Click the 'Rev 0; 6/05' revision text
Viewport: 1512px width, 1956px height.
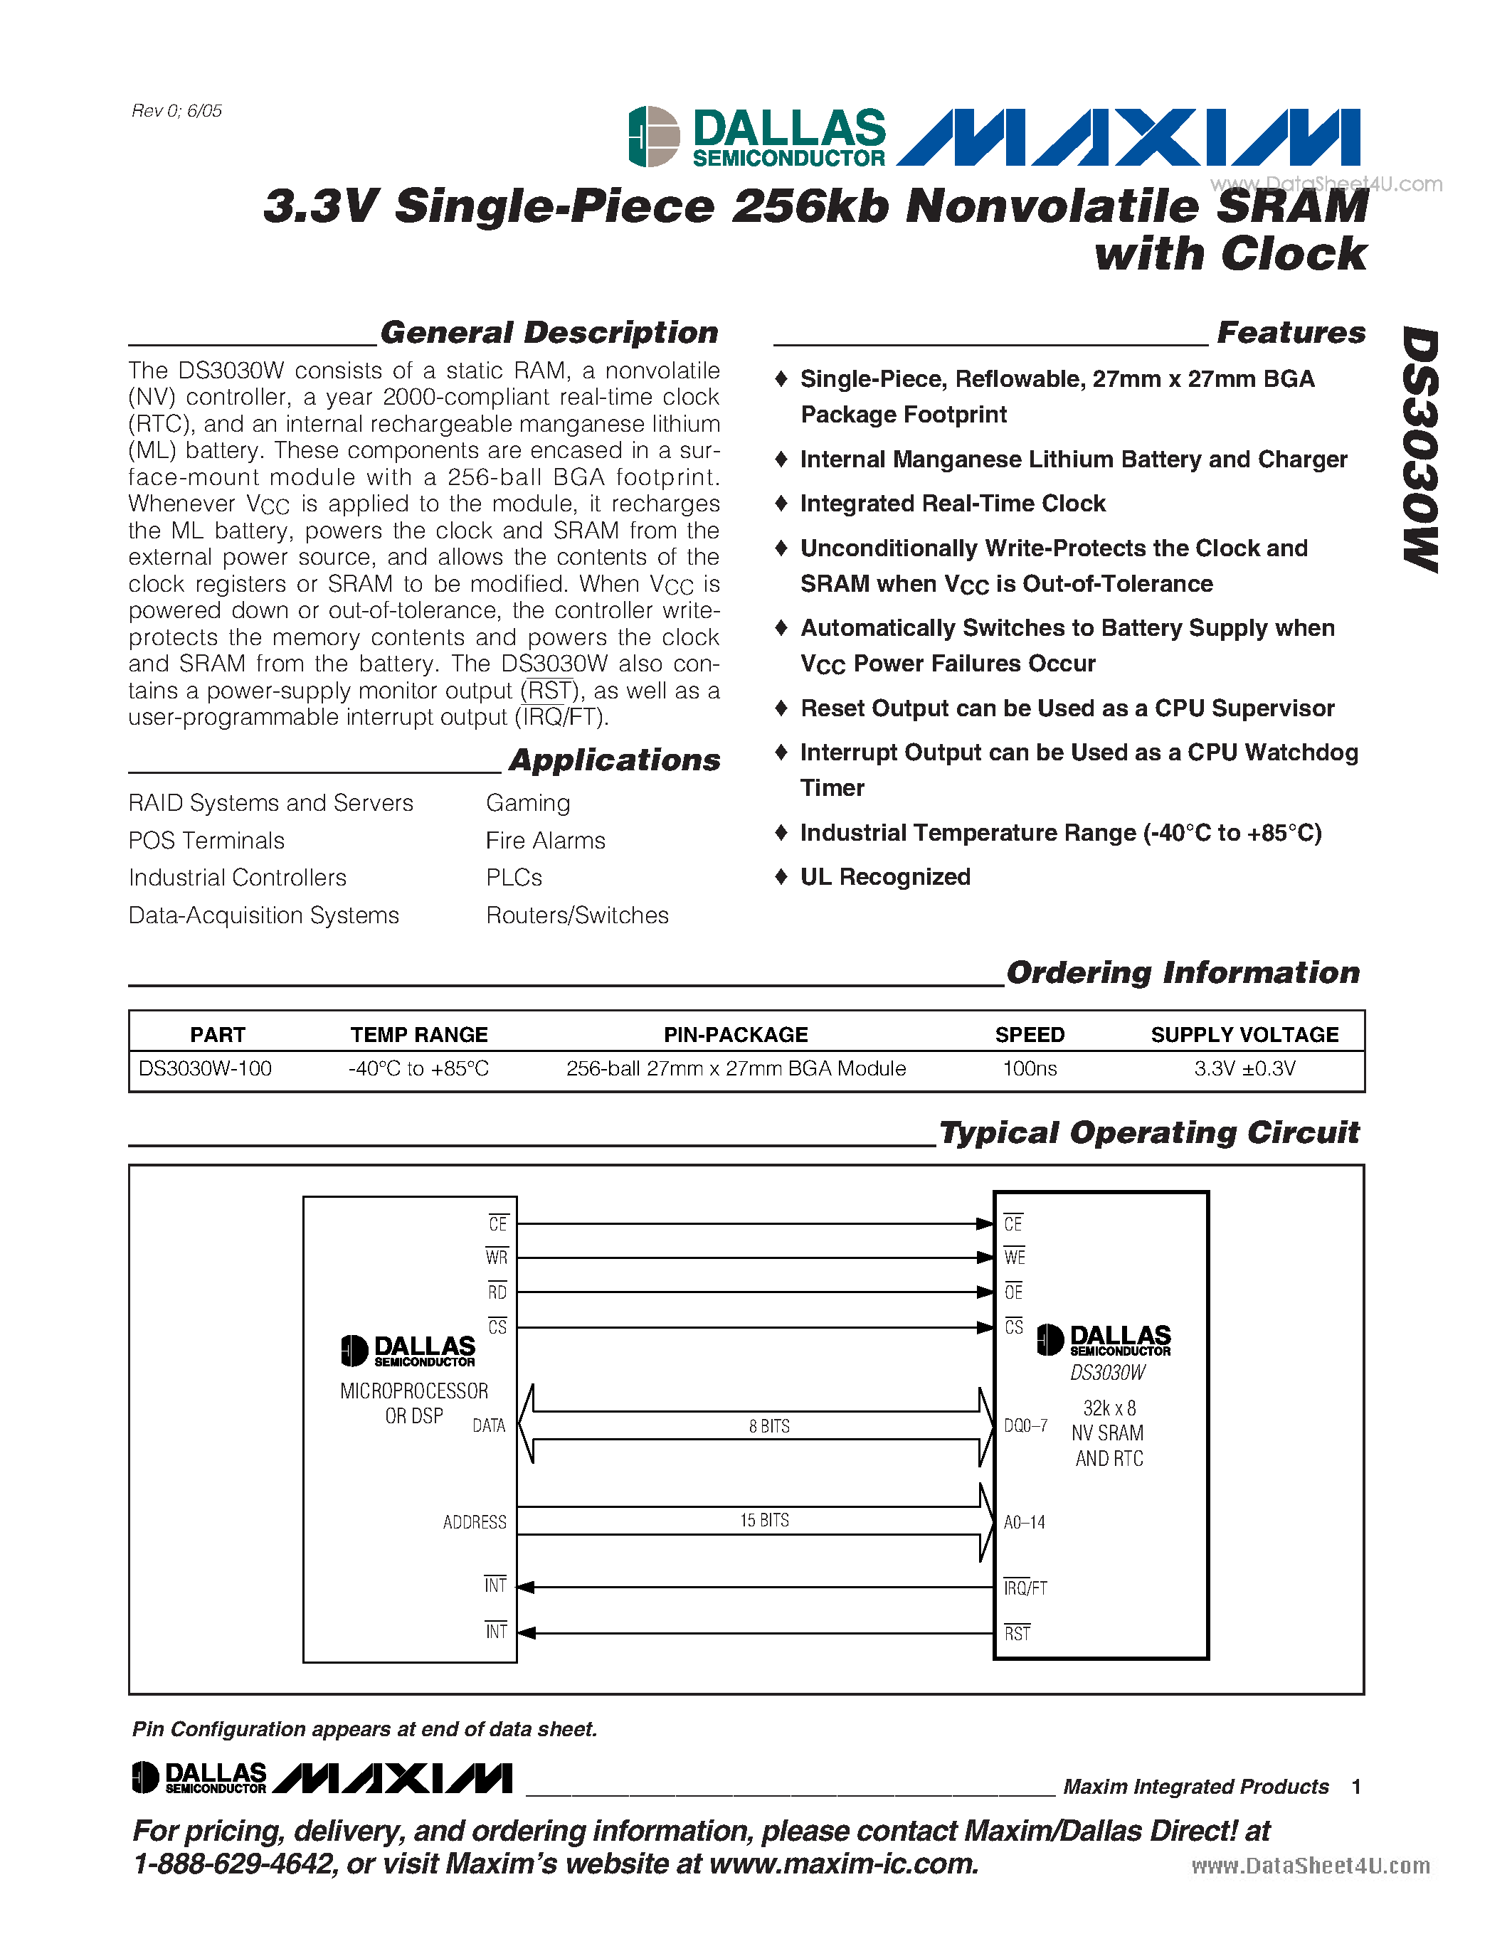pyautogui.click(x=176, y=111)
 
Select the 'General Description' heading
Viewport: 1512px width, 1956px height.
pyautogui.click(x=549, y=332)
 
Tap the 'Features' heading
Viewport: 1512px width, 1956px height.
pyautogui.click(x=1291, y=332)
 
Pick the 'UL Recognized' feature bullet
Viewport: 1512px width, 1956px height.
pyautogui.click(x=885, y=877)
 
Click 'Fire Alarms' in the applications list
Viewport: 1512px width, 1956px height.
pyautogui.click(x=546, y=840)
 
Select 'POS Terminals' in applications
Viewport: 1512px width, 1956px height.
pyautogui.click(x=206, y=840)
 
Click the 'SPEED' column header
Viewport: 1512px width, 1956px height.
pyautogui.click(x=1029, y=1034)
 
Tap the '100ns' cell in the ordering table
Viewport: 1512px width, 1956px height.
pyautogui.click(x=1029, y=1068)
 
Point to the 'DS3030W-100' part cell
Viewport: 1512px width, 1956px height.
pyautogui.click(x=205, y=1068)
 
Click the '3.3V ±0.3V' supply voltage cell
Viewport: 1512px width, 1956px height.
pyautogui.click(x=1244, y=1068)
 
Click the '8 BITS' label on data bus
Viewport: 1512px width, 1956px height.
pyautogui.click(x=769, y=1426)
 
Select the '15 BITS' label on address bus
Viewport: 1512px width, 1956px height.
pyautogui.click(x=764, y=1520)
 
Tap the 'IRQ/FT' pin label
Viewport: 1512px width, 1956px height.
pyautogui.click(x=1025, y=1588)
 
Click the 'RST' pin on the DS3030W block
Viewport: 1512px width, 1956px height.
pyautogui.click(x=1017, y=1634)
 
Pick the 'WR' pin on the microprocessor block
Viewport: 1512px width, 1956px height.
pyautogui.click(x=496, y=1258)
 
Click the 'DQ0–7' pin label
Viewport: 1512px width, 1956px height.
pyautogui.click(x=1025, y=1425)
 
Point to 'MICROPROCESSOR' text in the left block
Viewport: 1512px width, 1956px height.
pyautogui.click(x=414, y=1391)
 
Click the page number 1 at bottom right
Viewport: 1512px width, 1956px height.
pyautogui.click(x=1356, y=1787)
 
